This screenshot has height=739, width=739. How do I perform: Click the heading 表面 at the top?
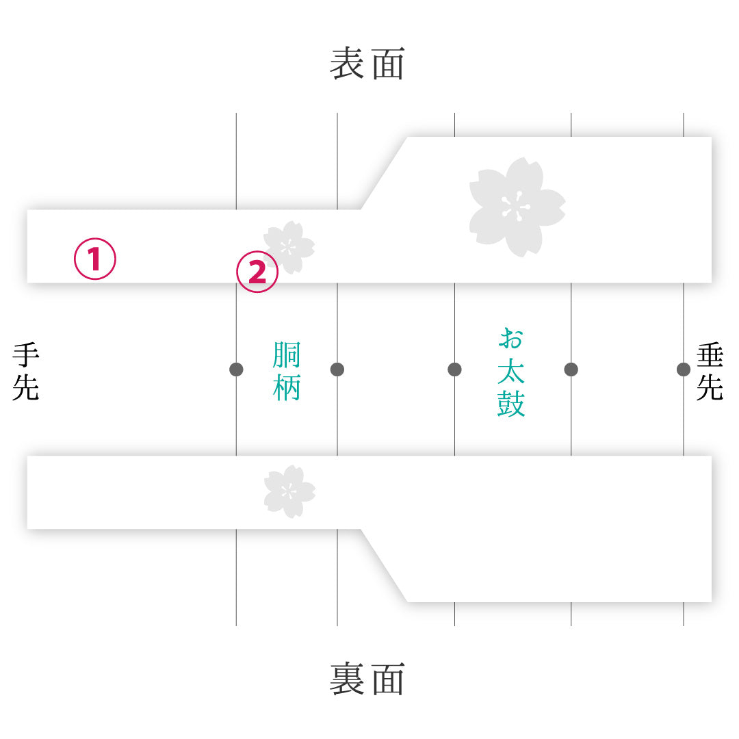click(x=367, y=63)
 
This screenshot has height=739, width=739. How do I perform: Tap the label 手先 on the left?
click(x=25, y=372)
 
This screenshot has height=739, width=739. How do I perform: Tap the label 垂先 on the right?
click(x=710, y=372)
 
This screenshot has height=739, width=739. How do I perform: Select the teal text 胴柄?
click(x=286, y=372)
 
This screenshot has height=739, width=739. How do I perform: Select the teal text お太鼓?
click(x=511, y=372)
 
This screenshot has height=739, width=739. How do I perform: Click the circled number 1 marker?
click(x=94, y=259)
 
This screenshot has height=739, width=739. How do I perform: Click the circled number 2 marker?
click(x=257, y=272)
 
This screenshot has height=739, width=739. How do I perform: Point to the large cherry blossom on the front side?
click(x=517, y=207)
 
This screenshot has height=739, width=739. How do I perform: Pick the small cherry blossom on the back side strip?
click(x=289, y=491)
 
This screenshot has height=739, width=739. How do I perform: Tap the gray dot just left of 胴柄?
click(x=236, y=369)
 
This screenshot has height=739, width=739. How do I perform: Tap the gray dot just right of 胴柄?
click(x=337, y=369)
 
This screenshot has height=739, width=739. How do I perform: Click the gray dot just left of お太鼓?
click(x=454, y=369)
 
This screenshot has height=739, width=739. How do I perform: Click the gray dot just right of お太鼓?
click(x=571, y=369)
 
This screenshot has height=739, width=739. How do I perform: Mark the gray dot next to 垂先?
click(x=684, y=369)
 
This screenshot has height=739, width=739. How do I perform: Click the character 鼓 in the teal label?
click(x=511, y=404)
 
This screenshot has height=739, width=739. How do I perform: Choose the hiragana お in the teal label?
click(x=511, y=339)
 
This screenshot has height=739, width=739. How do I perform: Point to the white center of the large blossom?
click(x=516, y=207)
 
